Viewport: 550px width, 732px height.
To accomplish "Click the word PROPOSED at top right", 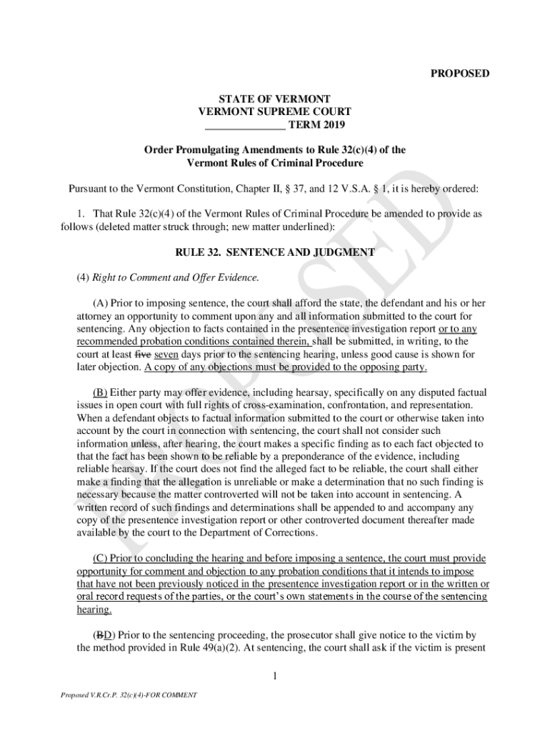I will tap(459, 74).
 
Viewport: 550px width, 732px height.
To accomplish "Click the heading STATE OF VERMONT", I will tap(274, 99).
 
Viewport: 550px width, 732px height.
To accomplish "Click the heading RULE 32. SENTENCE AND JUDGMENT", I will tap(275, 252).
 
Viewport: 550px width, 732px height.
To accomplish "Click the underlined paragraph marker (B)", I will tap(100, 392).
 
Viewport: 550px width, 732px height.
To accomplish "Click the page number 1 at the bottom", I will tap(274, 675).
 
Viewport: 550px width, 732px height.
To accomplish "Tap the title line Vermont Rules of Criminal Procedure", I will tap(275, 163).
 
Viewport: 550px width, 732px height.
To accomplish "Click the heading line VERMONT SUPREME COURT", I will tap(275, 112).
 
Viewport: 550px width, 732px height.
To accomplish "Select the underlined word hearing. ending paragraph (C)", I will tap(94, 610).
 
